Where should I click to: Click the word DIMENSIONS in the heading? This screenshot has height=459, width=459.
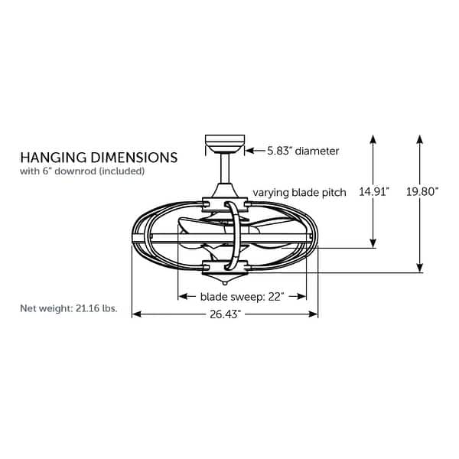(134, 158)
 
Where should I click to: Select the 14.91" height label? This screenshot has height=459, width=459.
(374, 192)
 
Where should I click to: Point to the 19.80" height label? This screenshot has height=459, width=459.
(422, 192)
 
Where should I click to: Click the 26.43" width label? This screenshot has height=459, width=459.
(225, 314)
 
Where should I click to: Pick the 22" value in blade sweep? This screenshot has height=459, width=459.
(276, 297)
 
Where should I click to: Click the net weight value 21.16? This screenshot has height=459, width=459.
(87, 308)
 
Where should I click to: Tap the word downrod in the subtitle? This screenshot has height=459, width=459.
(75, 171)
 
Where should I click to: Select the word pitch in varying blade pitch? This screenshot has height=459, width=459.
(334, 193)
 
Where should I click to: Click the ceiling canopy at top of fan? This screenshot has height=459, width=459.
(225, 144)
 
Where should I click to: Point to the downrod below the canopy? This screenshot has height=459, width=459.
(225, 168)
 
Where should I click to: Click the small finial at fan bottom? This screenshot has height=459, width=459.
(225, 283)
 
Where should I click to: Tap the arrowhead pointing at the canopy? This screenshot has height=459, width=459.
(249, 151)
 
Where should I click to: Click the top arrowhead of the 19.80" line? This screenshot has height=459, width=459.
(420, 139)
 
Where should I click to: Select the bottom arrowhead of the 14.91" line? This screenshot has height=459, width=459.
(373, 243)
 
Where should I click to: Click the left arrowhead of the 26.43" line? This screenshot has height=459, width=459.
(137, 314)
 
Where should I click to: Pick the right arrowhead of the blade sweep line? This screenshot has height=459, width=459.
(301, 297)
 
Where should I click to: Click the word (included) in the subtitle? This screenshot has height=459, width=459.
(122, 171)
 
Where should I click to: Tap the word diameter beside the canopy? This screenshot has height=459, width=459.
(317, 151)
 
